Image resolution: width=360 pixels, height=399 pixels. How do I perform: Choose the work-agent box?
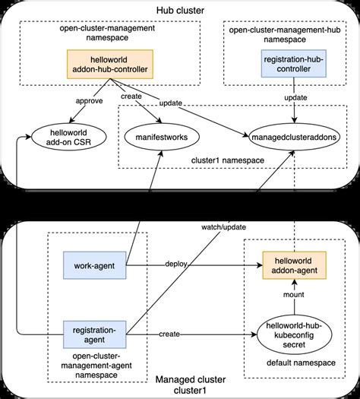(x=93, y=266)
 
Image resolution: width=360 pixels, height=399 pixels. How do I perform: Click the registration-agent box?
(x=93, y=335)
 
